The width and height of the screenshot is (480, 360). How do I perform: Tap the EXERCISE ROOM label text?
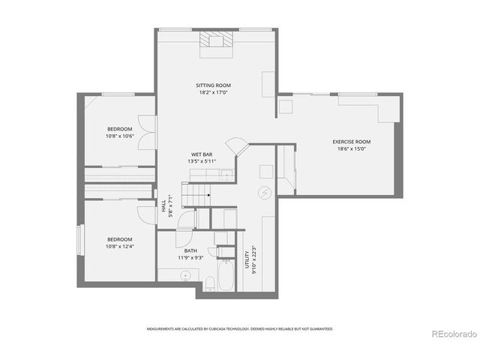(x=352, y=142)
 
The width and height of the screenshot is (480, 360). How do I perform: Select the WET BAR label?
(x=202, y=154)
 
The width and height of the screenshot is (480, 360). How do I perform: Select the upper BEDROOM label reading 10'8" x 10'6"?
(x=118, y=129)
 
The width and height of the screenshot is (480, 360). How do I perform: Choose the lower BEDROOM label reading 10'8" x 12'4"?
(x=118, y=239)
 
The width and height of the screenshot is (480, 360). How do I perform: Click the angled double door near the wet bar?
(x=237, y=145)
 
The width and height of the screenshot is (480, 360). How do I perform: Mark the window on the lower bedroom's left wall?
(x=79, y=241)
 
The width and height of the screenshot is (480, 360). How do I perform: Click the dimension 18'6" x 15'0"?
(x=352, y=148)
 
